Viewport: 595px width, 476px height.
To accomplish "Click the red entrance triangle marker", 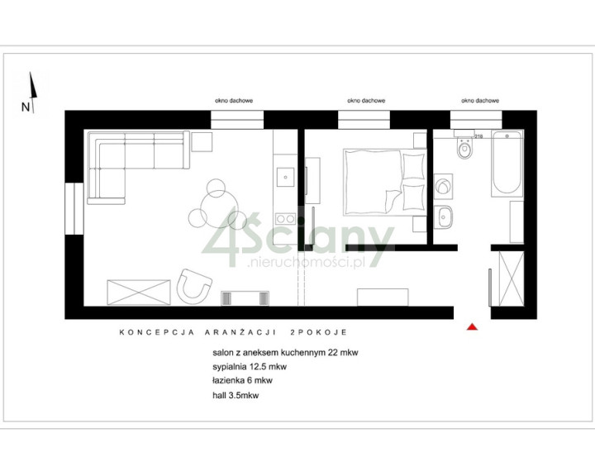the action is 472,326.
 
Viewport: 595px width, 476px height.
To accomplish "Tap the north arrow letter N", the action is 26,107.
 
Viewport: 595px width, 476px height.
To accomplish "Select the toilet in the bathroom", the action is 464,149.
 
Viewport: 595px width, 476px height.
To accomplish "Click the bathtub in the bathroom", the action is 507,164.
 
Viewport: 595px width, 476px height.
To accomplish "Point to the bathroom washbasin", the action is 443,217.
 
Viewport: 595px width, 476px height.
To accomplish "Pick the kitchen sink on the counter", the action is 285,178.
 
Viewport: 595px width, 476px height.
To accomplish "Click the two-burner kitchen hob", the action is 285,218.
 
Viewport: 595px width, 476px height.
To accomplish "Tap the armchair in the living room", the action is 194,287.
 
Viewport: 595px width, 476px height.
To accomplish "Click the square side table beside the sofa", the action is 202,141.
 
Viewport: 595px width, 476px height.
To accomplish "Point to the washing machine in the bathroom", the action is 443,187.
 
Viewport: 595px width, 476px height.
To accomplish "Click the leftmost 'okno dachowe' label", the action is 234,101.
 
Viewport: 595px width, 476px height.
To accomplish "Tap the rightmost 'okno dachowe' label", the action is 480,101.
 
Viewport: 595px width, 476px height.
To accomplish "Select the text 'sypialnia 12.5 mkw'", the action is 250,367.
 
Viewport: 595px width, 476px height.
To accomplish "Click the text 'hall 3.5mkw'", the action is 236,395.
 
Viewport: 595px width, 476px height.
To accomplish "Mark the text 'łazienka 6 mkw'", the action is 242,380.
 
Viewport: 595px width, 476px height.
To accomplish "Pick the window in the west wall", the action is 74,209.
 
